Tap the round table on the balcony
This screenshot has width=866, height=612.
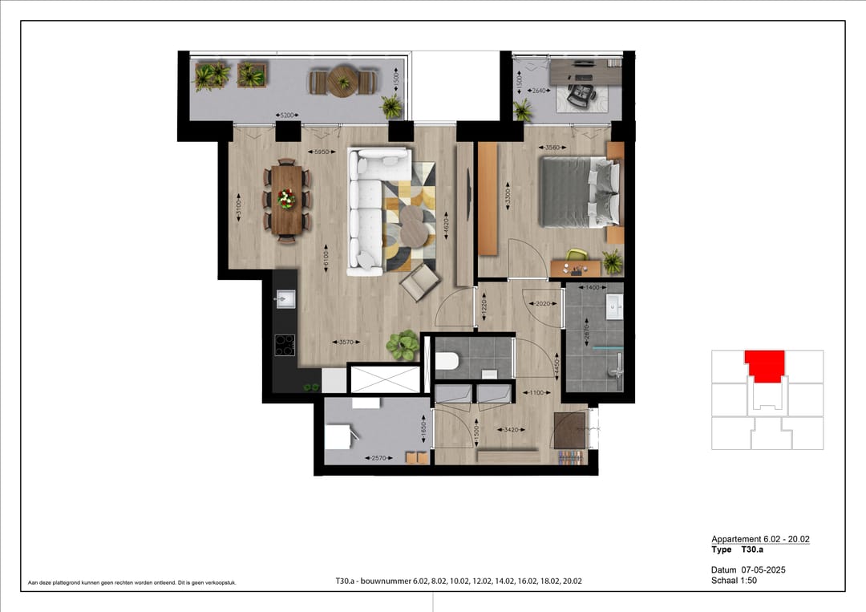point(344,80)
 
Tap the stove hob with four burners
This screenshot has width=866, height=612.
point(285,344)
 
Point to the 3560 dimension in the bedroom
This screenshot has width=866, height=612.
point(551,148)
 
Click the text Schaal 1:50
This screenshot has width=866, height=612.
point(734,580)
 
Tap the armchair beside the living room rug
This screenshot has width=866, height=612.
point(420,282)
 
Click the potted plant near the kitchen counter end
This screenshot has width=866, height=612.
point(402,345)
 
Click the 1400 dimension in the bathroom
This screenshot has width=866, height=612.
point(593,287)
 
